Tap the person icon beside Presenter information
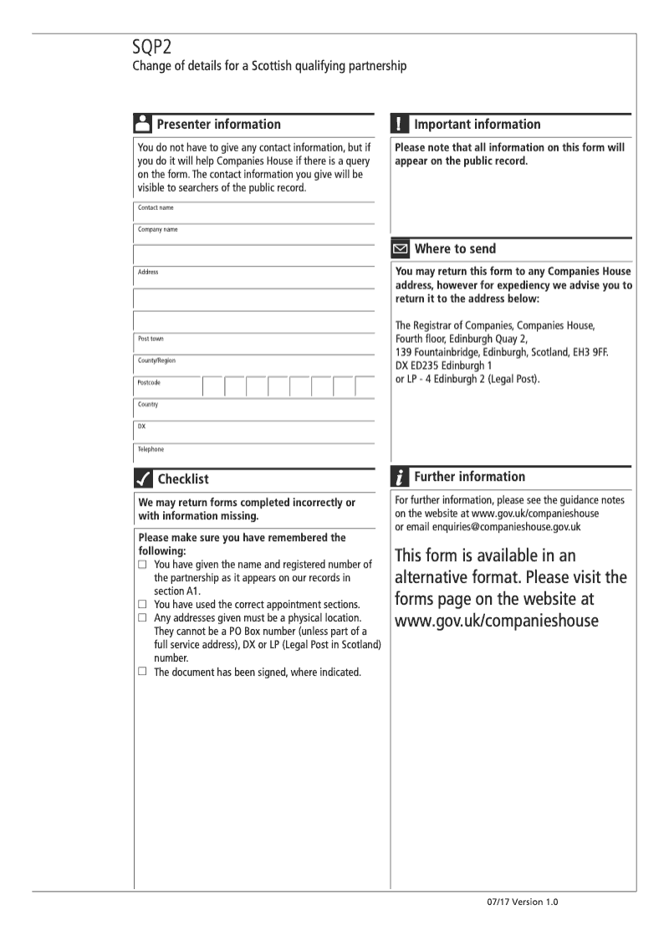142,124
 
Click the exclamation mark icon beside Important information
400,124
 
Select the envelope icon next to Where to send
401,248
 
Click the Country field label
148,405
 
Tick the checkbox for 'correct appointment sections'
143,604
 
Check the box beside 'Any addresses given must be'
143,617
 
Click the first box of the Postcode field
213,386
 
